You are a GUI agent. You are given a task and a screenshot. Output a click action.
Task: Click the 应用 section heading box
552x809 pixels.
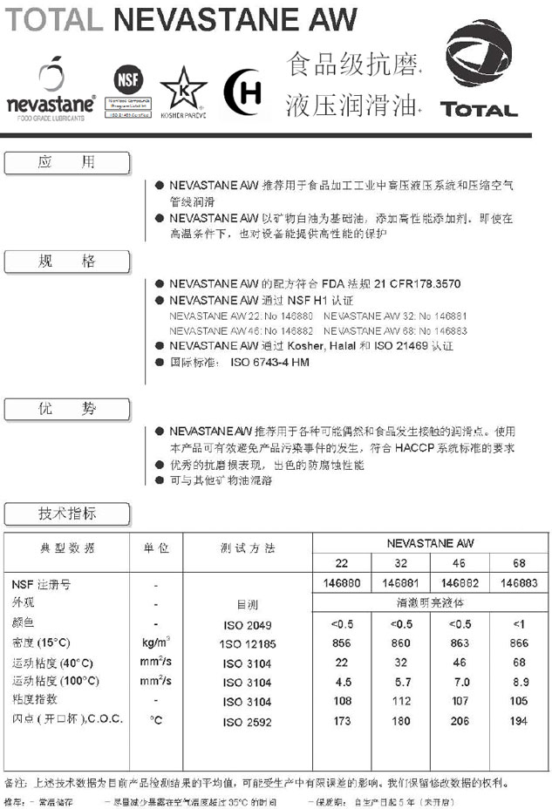coord(67,162)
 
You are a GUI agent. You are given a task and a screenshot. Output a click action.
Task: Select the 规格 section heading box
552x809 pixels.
coord(67,261)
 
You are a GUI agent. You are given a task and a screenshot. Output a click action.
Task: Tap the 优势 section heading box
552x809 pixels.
coord(67,409)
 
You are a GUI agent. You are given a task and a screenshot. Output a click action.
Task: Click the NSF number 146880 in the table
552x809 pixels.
coord(342,583)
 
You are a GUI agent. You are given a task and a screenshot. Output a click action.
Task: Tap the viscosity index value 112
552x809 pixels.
coord(401,701)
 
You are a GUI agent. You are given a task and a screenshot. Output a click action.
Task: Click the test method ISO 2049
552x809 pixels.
coord(247,625)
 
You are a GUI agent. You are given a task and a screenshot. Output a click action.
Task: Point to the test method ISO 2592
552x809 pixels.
coord(247,721)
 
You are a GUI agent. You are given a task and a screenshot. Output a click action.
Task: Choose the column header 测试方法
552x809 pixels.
coord(247,548)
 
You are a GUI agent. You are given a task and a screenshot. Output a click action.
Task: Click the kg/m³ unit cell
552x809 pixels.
coord(156,642)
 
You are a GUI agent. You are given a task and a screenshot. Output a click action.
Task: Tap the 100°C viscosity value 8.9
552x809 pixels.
coord(520,682)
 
